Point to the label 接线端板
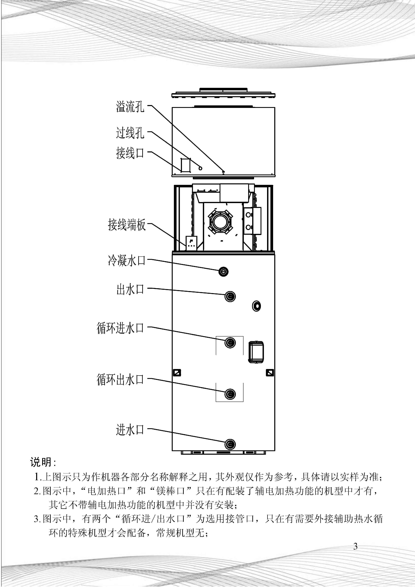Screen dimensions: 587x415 (127, 225)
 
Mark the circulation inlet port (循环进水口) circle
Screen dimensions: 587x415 (230, 343)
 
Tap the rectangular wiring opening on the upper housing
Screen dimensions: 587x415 (185, 165)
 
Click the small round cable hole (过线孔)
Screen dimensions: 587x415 (200, 168)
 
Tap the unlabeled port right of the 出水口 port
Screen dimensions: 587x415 (257, 306)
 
